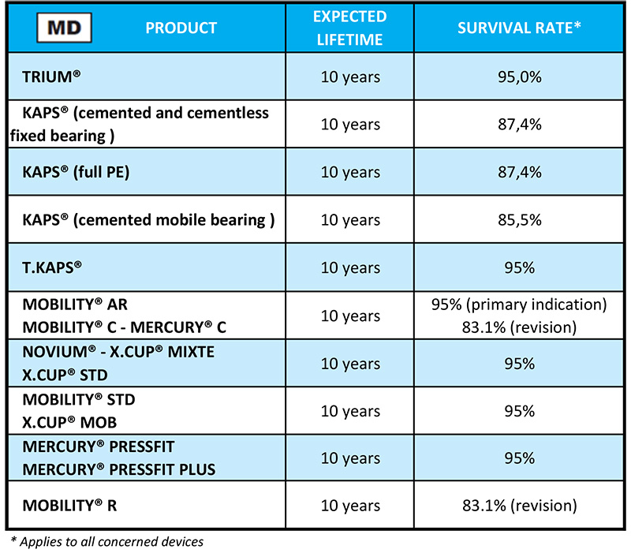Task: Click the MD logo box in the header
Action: click(x=67, y=28)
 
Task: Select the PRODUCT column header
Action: click(x=181, y=28)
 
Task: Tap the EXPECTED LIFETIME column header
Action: click(x=349, y=28)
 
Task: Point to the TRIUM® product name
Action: click(x=53, y=77)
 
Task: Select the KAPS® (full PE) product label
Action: click(x=76, y=173)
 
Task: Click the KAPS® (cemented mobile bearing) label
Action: click(x=148, y=220)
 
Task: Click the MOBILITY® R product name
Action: click(x=70, y=506)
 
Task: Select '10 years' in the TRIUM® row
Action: click(x=349, y=77)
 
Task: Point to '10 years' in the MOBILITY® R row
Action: click(x=349, y=506)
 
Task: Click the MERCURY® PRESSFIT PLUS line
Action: click(x=119, y=469)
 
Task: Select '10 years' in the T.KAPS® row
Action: click(x=349, y=268)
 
